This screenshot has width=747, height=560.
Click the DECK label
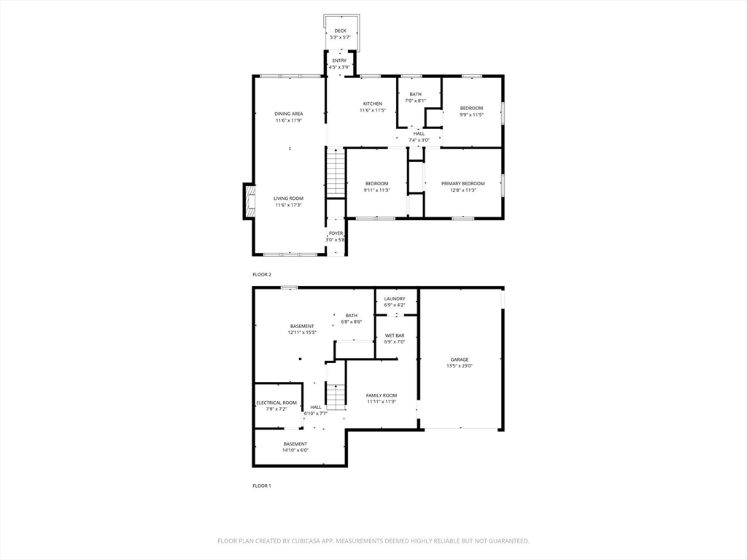coord(340,31)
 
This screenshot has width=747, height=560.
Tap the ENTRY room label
coord(339,61)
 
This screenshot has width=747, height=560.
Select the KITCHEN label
coord(373,104)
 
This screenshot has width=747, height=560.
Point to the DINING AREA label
coord(289,114)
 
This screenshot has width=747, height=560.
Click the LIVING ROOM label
coord(288,198)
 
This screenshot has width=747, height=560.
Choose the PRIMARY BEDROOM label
coord(463,183)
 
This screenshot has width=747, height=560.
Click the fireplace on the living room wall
coord(249,201)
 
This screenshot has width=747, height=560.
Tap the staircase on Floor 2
coord(336,172)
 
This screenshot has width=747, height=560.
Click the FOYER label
coord(336,233)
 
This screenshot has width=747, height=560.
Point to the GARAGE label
coord(460,359)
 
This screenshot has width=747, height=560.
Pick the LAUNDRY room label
coord(395,299)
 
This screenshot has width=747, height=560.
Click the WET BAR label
coord(395,335)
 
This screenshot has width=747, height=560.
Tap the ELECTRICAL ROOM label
coord(276,402)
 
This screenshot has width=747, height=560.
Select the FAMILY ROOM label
coord(382,395)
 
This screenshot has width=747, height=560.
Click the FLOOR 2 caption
coord(262,275)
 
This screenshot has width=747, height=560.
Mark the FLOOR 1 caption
coord(262,486)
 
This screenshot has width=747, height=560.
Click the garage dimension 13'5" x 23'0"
coord(460,366)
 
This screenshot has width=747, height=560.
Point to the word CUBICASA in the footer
coord(306,541)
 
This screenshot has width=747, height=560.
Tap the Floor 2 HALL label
coord(419,134)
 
